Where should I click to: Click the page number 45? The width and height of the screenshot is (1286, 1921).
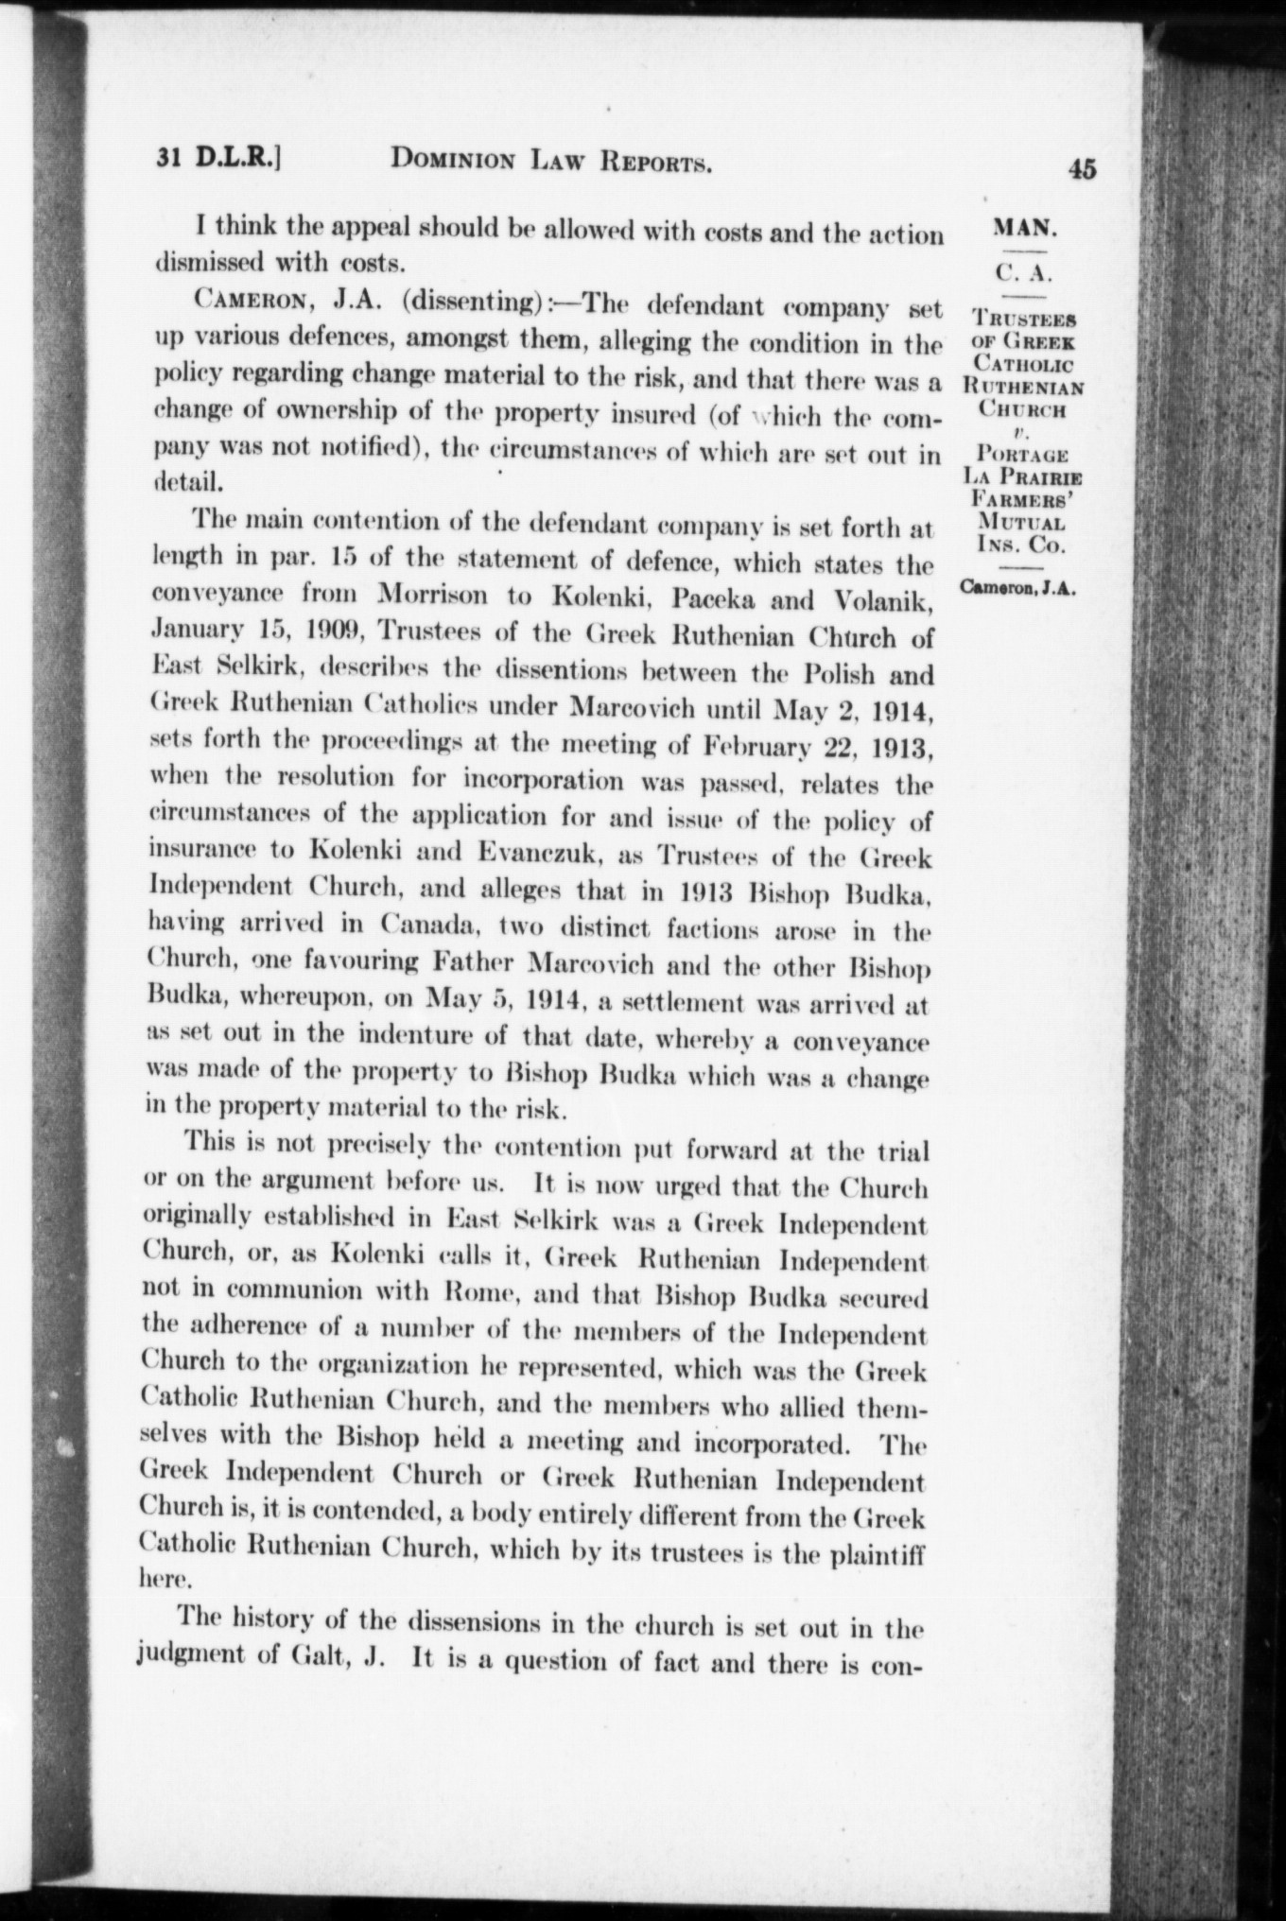[x=1082, y=169]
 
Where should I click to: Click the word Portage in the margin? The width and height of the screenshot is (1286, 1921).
[x=1023, y=454]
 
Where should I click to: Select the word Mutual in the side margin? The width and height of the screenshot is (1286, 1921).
[x=1022, y=523]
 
